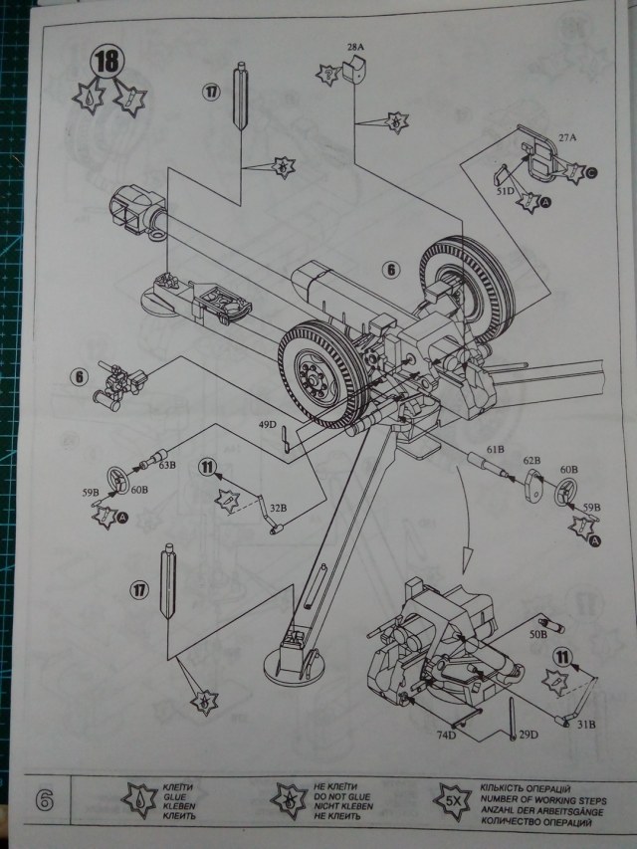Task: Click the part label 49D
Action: point(267,425)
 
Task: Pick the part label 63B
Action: point(167,464)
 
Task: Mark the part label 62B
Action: point(531,460)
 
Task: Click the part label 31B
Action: point(584,726)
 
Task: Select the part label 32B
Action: point(278,508)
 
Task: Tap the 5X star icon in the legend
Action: point(452,798)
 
